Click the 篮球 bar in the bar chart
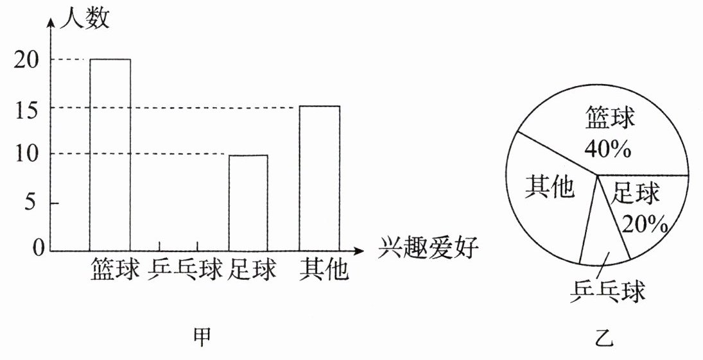pos(110,154)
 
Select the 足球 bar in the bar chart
pos(248,202)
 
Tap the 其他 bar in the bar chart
pos(319,178)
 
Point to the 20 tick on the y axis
pos(26,60)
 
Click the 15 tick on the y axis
pos(26,108)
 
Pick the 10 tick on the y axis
pos(26,154)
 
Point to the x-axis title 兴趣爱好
pos(428,248)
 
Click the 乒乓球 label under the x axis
pos(185,270)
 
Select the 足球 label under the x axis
pos(252,270)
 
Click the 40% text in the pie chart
pos(608,149)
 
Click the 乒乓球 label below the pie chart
pos(607,291)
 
